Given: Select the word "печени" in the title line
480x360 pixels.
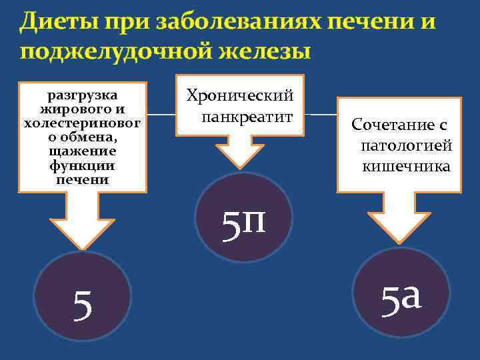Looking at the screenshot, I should coord(374,22).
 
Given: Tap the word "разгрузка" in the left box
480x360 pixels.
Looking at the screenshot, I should coord(84,93).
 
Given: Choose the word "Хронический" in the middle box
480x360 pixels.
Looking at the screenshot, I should coord(241,97).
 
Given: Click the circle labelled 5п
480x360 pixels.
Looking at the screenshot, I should coord(244,217).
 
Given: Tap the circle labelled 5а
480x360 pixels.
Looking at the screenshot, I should coord(401,291).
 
